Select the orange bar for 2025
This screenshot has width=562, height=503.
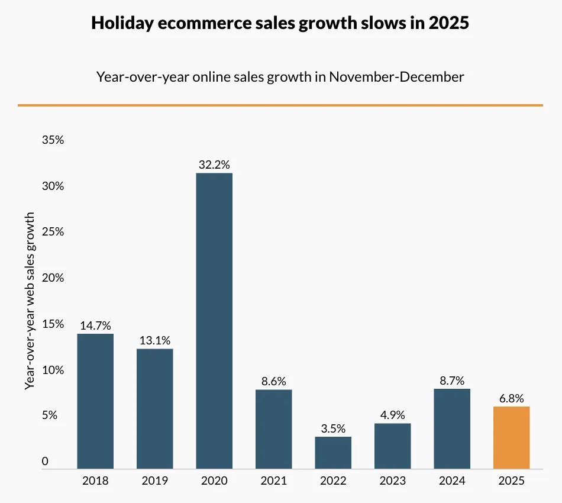[511, 437]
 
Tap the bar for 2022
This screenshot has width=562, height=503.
[333, 453]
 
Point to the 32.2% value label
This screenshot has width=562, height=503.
[214, 165]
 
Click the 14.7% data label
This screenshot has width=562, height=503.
[95, 325]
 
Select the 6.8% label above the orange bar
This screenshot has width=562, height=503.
[511, 398]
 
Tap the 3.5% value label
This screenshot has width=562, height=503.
[333, 428]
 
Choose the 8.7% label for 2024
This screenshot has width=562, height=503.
[452, 381]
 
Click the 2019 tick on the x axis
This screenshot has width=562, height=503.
[155, 481]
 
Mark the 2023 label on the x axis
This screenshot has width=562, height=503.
[392, 481]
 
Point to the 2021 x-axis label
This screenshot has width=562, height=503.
[273, 481]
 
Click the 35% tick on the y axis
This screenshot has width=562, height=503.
[52, 140]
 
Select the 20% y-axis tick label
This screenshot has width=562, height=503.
[52, 278]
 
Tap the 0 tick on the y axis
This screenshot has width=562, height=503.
[45, 462]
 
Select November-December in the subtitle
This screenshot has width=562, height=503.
[396, 76]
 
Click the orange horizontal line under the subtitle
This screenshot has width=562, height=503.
[280, 105]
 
